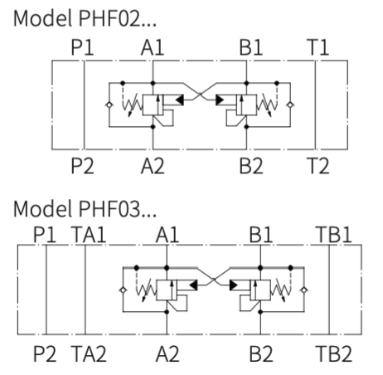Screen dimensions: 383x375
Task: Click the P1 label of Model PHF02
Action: point(82,47)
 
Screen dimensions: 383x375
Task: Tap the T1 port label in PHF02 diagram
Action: point(318,47)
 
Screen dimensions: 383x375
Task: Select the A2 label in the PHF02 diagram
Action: point(153,166)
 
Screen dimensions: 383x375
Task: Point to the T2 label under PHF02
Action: point(318,166)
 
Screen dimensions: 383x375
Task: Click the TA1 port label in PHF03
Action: point(89,235)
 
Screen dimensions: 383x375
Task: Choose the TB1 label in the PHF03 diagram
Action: point(334,235)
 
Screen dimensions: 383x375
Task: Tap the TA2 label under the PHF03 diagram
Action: point(89,353)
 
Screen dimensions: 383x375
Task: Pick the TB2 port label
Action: point(334,353)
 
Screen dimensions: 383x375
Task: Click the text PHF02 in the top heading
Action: point(109,18)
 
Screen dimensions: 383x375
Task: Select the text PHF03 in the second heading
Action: point(109,209)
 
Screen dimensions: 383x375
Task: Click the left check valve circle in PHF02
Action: point(109,105)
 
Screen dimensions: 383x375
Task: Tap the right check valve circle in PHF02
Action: point(290,105)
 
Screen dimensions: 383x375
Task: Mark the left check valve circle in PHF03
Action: point(123,290)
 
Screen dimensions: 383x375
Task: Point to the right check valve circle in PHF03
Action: point(304,290)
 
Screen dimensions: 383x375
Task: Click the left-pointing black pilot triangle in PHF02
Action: point(179,100)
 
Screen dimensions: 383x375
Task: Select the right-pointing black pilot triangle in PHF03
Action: point(234,285)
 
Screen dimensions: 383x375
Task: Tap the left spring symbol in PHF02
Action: point(133,105)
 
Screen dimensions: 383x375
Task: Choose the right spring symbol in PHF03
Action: point(281,290)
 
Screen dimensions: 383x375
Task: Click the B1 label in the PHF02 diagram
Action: point(251,47)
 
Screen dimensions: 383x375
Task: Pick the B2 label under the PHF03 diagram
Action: point(261,353)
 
